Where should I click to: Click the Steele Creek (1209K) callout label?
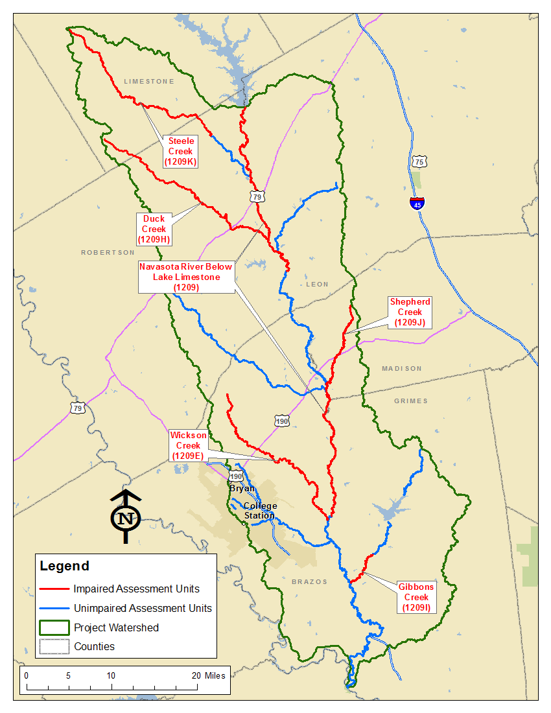point(182,151)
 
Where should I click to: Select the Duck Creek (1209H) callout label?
point(154,229)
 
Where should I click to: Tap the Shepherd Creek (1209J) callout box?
point(410,312)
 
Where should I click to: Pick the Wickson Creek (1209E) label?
point(188,446)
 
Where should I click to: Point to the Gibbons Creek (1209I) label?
point(416,597)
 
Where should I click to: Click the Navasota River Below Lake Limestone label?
point(186,277)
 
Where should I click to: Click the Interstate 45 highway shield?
point(417,204)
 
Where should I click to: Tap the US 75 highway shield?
point(419,161)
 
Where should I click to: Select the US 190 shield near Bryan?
point(235,476)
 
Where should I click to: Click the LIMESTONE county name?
point(149,82)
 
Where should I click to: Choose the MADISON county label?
point(401,368)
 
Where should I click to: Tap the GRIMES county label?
point(411,401)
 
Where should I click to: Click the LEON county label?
point(317,284)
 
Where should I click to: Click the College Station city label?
point(260,511)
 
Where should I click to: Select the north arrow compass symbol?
point(126,516)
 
